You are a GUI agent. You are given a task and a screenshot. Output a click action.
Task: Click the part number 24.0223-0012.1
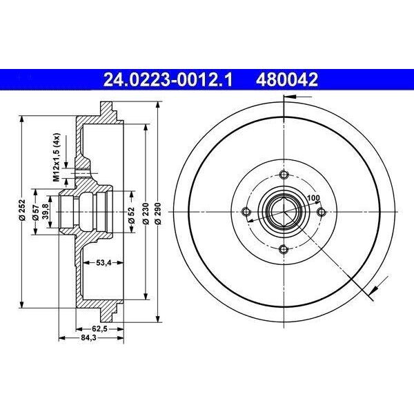click(168, 79)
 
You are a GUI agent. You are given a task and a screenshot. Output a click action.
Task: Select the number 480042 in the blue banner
click(287, 79)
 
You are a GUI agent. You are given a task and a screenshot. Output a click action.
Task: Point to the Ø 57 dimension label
click(36, 212)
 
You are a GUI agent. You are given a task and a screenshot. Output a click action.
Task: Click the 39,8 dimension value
click(46, 212)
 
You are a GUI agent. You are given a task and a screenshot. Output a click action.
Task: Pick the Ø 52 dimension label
click(132, 215)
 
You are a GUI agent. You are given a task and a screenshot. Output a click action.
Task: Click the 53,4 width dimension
click(103, 263)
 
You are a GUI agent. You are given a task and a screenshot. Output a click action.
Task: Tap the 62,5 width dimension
click(99, 329)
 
